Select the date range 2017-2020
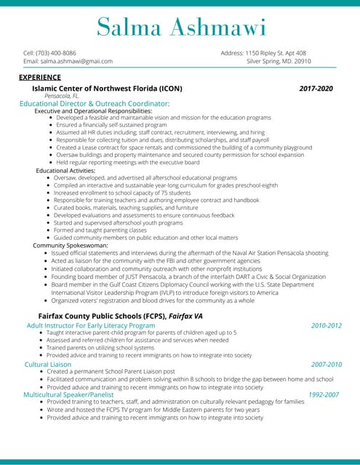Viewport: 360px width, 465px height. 316,88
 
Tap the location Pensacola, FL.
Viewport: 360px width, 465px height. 63,96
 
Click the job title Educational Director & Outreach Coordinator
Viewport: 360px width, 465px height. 95,104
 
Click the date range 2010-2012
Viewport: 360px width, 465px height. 326,325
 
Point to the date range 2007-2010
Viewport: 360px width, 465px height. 326,364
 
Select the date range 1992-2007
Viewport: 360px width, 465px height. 323,395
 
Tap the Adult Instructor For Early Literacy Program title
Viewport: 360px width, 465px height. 91,325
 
